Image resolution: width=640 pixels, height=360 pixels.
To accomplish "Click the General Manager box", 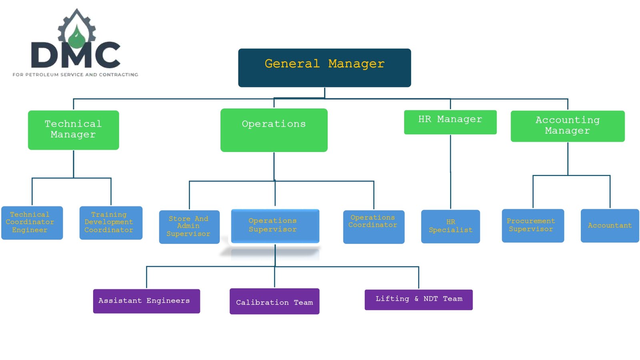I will pos(324,68).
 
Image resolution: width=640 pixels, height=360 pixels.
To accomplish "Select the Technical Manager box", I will pos(74,130).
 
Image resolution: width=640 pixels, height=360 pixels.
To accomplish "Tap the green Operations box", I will pos(274,130).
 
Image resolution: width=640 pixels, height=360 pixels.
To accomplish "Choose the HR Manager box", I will pos(450,122).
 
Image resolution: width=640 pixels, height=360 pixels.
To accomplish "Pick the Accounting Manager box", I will pos(568,126).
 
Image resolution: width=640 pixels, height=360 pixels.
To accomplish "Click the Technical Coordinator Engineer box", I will pos(32,223).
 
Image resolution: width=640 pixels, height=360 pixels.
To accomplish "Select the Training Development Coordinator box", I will pos(111,223).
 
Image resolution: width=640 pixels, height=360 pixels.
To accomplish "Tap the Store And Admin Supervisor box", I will pos(189,227).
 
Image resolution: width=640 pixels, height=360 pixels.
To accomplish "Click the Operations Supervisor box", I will pos(275,226).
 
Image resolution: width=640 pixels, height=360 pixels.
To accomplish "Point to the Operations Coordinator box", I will pos(374,227).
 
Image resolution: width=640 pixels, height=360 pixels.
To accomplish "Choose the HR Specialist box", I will pos(450,226).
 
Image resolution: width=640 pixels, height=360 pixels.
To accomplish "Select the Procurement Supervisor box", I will pos(533,226).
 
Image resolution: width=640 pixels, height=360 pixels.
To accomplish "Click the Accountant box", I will pos(610,226).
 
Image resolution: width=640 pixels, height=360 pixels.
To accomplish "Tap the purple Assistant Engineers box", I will pos(146,301).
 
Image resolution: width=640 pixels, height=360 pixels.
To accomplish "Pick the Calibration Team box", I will pos(274,301).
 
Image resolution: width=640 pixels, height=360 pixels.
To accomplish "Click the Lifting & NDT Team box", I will pos(418,300).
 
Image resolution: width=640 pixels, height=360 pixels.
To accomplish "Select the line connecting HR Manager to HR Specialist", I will pos(450,172).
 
